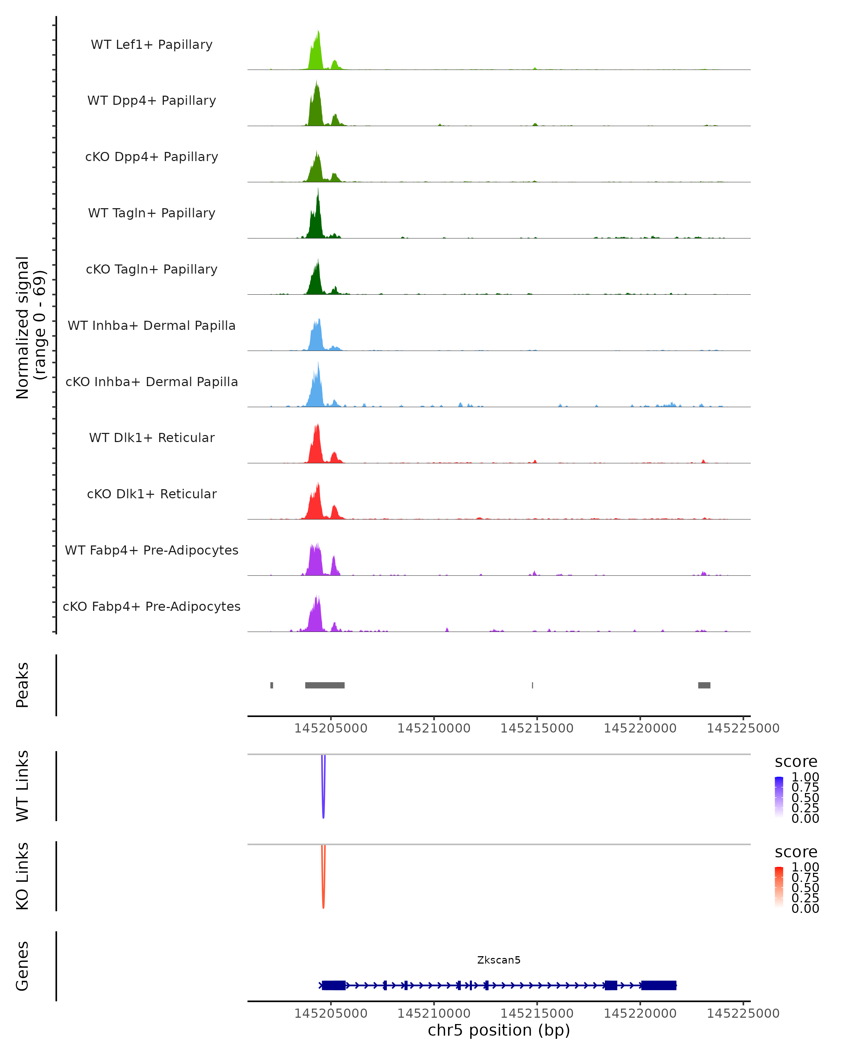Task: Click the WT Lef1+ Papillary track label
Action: (x=152, y=45)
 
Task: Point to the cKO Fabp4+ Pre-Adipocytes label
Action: (x=152, y=606)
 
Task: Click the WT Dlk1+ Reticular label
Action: (x=152, y=437)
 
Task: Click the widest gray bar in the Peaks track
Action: (x=325, y=685)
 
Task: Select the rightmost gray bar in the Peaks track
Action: (x=704, y=685)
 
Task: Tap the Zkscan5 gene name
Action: (x=499, y=960)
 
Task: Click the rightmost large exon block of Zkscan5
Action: (x=659, y=985)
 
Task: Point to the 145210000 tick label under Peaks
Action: (x=434, y=728)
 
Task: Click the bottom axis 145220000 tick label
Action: (x=640, y=1014)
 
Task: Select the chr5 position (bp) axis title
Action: (x=499, y=1030)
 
